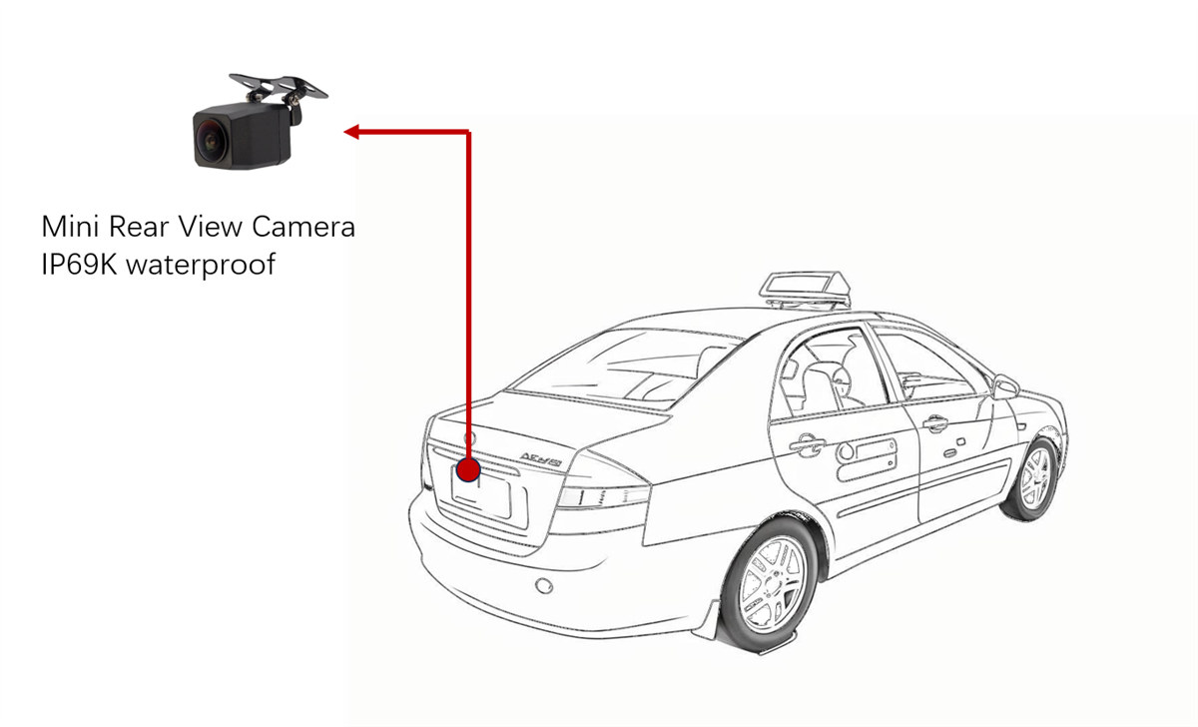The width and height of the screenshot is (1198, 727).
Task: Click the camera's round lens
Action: click(210, 142)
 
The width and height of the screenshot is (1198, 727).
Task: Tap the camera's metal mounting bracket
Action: click(279, 87)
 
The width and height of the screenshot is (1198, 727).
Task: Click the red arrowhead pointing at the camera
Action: click(351, 132)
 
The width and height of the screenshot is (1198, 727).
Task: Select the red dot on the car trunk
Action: click(468, 469)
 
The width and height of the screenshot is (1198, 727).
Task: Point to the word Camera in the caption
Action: click(303, 227)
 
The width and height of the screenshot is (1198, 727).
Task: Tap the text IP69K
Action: click(79, 265)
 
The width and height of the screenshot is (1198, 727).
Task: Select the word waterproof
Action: click(201, 266)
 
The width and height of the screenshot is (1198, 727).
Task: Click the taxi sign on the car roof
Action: click(805, 290)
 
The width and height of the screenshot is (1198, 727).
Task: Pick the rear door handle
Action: click(807, 444)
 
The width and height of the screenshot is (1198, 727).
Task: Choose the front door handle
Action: click(934, 423)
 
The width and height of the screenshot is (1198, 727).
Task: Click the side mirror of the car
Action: click(1005, 386)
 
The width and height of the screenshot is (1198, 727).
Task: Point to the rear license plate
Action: click(481, 496)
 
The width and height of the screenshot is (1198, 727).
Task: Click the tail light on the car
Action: click(603, 497)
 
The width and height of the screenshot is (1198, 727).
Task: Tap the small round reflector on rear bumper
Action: click(544, 586)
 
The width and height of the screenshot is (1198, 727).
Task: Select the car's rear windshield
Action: click(625, 368)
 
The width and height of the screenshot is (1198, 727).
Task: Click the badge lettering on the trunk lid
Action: click(541, 459)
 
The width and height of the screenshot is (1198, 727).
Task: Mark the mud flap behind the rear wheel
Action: click(709, 619)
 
